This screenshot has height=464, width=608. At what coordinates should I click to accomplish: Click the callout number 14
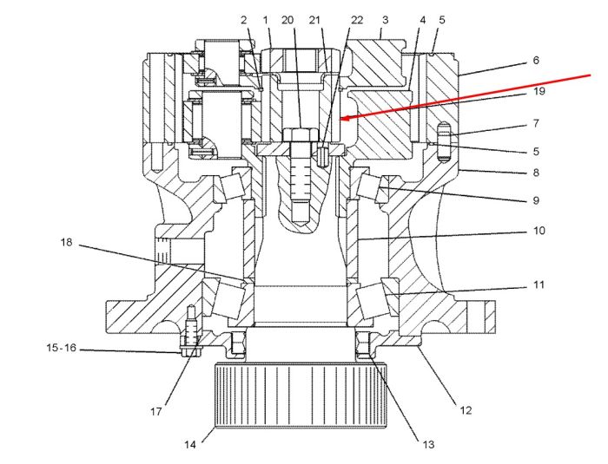190,444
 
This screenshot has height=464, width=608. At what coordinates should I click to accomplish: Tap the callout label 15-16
62,348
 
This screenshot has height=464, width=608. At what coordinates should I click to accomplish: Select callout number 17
155,411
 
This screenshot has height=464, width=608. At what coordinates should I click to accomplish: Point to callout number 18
66,243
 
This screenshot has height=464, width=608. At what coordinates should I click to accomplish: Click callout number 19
539,91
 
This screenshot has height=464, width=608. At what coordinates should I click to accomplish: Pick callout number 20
287,20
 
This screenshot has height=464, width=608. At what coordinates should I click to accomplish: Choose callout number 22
357,20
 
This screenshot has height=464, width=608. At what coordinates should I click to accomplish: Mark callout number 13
428,444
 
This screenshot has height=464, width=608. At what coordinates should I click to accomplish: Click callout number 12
466,410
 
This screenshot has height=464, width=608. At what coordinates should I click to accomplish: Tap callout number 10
539,231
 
